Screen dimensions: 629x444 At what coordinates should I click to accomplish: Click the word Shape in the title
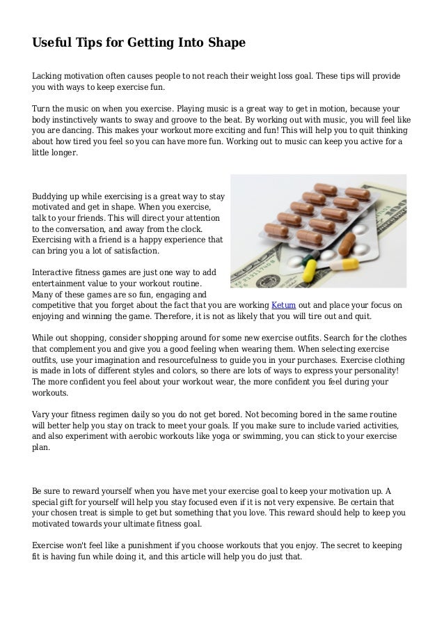(226, 43)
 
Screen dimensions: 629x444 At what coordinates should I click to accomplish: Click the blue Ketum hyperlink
(283, 305)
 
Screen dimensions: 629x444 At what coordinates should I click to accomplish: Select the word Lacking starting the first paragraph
(49, 75)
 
